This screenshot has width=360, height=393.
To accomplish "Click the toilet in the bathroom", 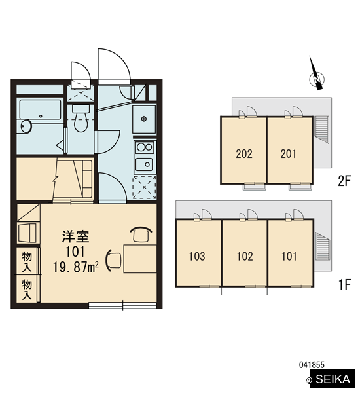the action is tap(81, 119).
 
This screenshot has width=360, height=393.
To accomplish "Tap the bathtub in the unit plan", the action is tap(41, 109).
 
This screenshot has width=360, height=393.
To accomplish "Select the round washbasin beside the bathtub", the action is tap(26, 126).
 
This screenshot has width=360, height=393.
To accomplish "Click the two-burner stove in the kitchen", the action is tap(145, 147).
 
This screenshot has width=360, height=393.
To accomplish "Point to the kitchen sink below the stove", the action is tap(145, 164).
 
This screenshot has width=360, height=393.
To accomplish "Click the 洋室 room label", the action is tap(75, 236).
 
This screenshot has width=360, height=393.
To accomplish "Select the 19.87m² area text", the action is tap(75, 267).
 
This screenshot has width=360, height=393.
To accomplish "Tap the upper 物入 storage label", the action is tap(27, 262).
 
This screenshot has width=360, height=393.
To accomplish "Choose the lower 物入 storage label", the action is tap(27, 290).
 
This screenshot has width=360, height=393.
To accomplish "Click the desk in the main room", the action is tap(140, 259).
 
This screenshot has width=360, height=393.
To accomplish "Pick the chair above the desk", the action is tap(141, 234).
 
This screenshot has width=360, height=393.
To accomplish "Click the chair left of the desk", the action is tap(114, 260).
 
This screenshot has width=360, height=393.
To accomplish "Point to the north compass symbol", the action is tap(316, 75).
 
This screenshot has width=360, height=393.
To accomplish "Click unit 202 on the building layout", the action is tap(243, 154).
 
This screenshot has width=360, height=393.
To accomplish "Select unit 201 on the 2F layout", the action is tap(289, 154).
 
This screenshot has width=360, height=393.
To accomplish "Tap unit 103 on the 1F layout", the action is tap(198, 256).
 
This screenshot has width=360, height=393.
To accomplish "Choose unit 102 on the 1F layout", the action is tap(245, 256).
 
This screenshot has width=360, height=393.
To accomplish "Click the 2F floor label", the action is tap(345, 181).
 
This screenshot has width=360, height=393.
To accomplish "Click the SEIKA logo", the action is tap(333, 379).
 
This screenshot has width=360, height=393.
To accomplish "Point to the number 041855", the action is tap(312, 365).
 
